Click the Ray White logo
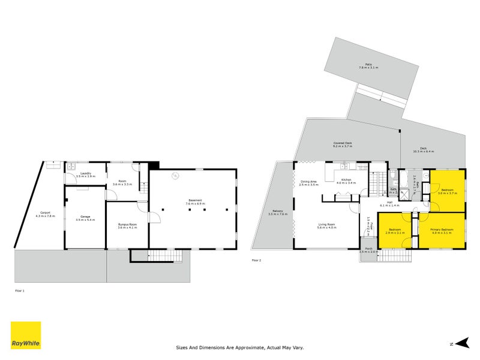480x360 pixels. point(26,335)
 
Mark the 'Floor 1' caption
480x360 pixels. point(20,290)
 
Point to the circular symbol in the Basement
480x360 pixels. point(176,176)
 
